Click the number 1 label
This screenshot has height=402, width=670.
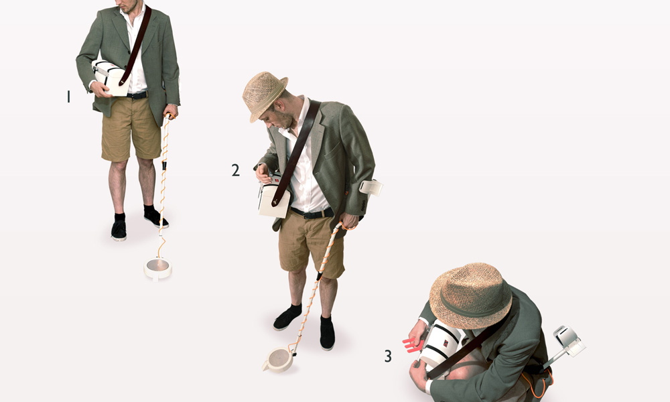(x=68, y=97)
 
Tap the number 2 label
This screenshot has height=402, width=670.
(x=235, y=170)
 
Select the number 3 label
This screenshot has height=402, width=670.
(x=387, y=356)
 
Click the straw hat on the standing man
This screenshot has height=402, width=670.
(x=265, y=96)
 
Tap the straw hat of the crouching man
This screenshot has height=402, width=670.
(x=470, y=295)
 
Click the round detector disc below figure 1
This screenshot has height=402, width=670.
(x=158, y=267)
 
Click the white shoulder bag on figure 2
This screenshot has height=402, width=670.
(x=274, y=199)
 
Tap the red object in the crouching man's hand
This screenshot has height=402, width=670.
(x=411, y=344)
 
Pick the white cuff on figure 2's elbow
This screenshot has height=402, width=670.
(x=371, y=187)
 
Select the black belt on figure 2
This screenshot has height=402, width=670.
(x=312, y=214)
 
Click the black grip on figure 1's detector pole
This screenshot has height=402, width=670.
(x=163, y=165)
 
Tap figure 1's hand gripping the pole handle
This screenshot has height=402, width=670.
(x=171, y=111)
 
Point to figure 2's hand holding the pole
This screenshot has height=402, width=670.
(x=348, y=221)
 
